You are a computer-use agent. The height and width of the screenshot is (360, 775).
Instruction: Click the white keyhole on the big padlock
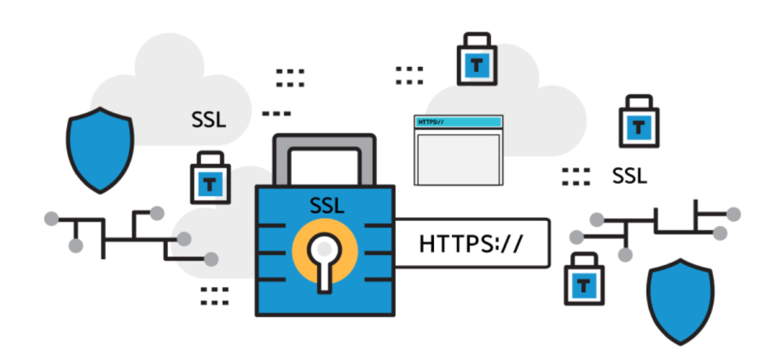tap(325, 262)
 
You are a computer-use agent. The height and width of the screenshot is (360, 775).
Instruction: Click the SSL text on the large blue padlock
tap(327, 205)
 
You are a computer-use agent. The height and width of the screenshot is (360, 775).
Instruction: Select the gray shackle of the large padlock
tap(325, 159)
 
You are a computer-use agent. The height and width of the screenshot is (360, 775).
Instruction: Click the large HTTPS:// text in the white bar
tap(470, 243)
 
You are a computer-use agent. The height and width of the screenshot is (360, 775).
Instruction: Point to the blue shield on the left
tap(100, 150)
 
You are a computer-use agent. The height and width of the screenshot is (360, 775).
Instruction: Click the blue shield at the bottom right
tap(681, 301)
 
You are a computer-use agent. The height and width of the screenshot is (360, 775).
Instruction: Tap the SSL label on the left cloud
tap(209, 120)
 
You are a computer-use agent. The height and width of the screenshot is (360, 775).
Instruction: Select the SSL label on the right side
tap(629, 176)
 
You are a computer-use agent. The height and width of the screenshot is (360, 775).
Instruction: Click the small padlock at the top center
tap(476, 60)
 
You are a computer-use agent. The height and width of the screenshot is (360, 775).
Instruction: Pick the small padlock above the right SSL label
tap(639, 122)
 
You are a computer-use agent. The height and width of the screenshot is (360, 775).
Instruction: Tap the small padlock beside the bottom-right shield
tap(585, 279)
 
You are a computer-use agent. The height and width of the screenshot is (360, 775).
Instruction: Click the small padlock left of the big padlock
tap(210, 178)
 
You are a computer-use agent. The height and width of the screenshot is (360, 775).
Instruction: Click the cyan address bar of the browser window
tap(459, 122)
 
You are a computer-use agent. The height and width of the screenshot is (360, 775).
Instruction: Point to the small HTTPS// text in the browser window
tap(428, 122)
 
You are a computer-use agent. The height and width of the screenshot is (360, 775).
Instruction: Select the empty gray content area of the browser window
tap(459, 159)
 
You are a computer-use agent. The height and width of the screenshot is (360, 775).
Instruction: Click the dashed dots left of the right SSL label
tap(575, 177)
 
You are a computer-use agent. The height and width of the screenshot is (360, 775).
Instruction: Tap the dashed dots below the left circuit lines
tap(214, 295)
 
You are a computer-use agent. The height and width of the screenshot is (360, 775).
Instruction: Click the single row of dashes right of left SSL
tap(277, 113)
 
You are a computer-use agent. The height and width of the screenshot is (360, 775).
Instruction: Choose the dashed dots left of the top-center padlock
tap(410, 75)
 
